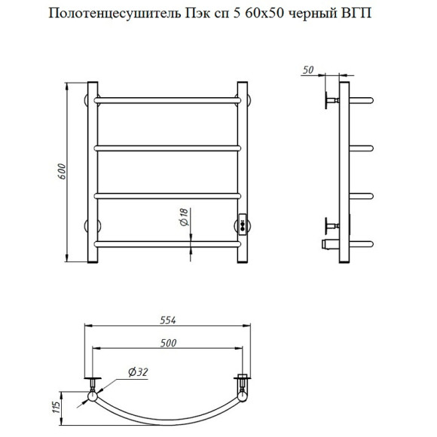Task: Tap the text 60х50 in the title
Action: [x=261, y=14]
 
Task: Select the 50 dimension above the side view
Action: [x=308, y=70]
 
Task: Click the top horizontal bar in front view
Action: [x=168, y=99]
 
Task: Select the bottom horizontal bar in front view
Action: [x=168, y=243]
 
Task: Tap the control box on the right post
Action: [x=243, y=223]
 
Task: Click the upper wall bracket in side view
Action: [x=330, y=99]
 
